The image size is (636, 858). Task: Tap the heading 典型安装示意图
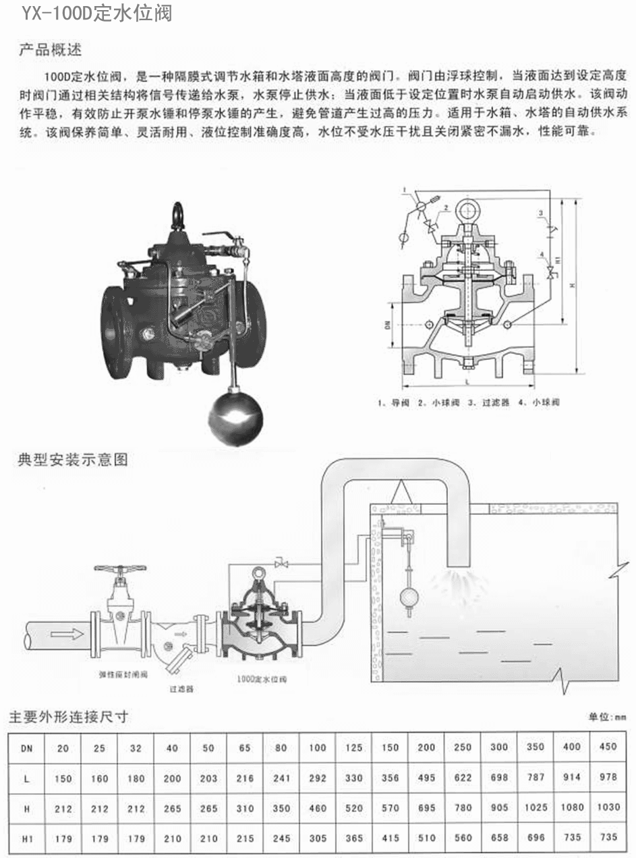click(x=72, y=460)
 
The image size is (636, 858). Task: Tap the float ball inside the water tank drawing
click(x=409, y=597)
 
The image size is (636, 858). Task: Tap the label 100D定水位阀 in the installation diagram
click(x=262, y=679)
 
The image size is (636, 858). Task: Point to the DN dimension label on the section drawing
click(x=387, y=327)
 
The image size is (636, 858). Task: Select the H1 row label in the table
click(x=26, y=838)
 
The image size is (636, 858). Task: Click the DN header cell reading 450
click(x=608, y=747)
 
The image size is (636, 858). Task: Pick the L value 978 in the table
click(x=608, y=777)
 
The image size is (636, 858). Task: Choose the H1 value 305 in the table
click(x=317, y=838)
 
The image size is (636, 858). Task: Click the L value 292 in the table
click(x=317, y=777)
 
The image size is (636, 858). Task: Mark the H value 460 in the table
click(x=317, y=807)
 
